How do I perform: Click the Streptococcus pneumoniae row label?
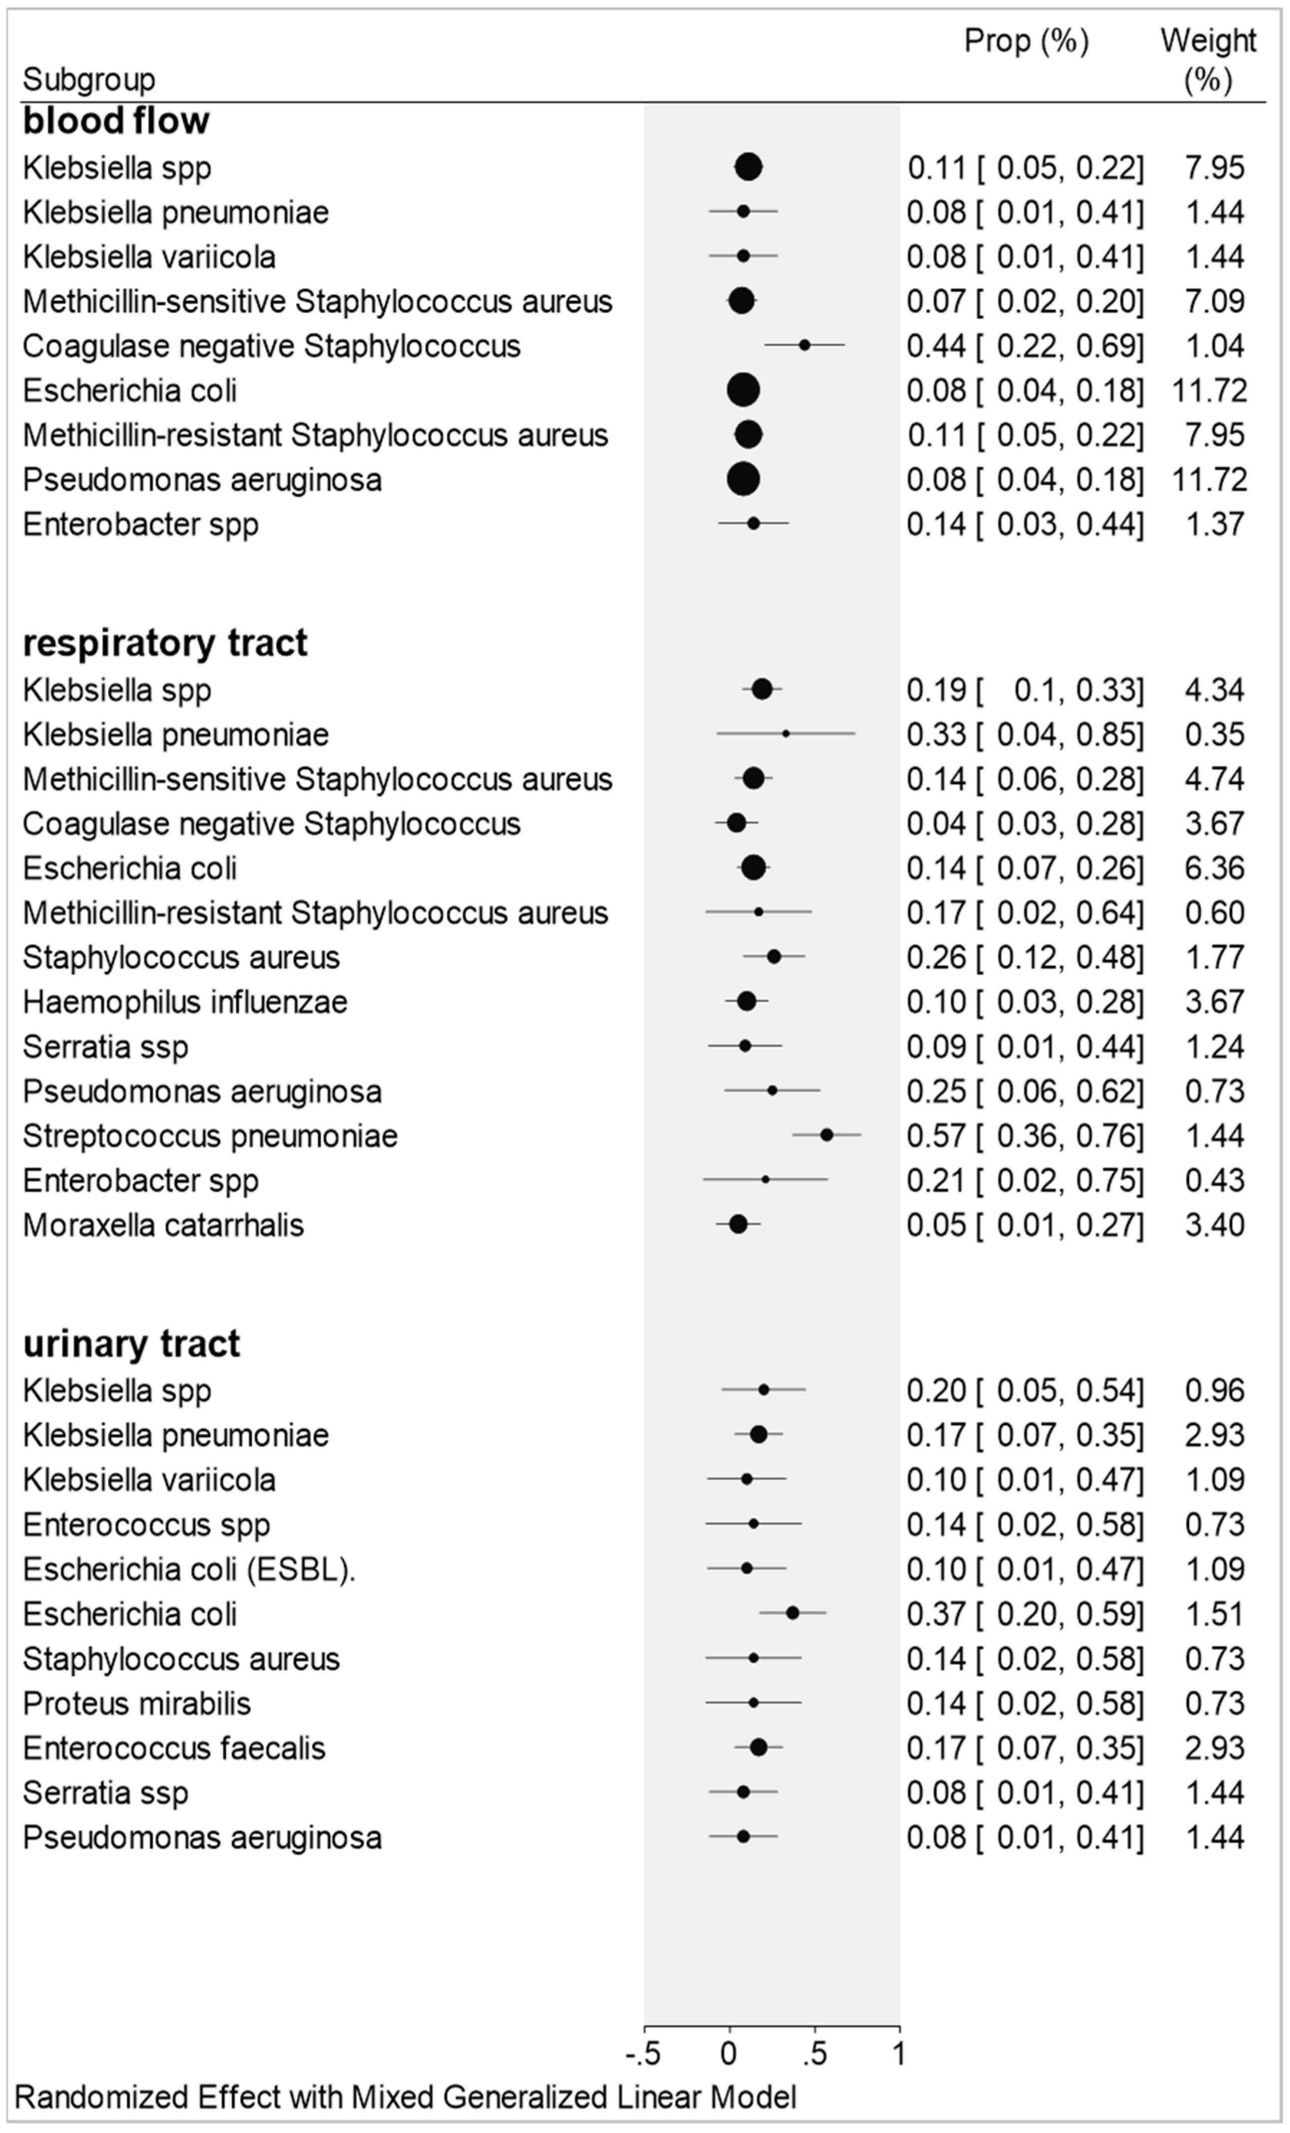pos(210,1136)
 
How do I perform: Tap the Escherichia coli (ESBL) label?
pos(189,1569)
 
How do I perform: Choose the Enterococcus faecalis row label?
pos(174,1748)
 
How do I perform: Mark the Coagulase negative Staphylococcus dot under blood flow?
pos(804,345)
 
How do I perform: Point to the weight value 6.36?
pos(1215,868)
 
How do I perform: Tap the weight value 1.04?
pos(1215,346)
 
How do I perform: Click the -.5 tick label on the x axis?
pos(643,2054)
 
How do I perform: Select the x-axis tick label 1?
pos(898,2054)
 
